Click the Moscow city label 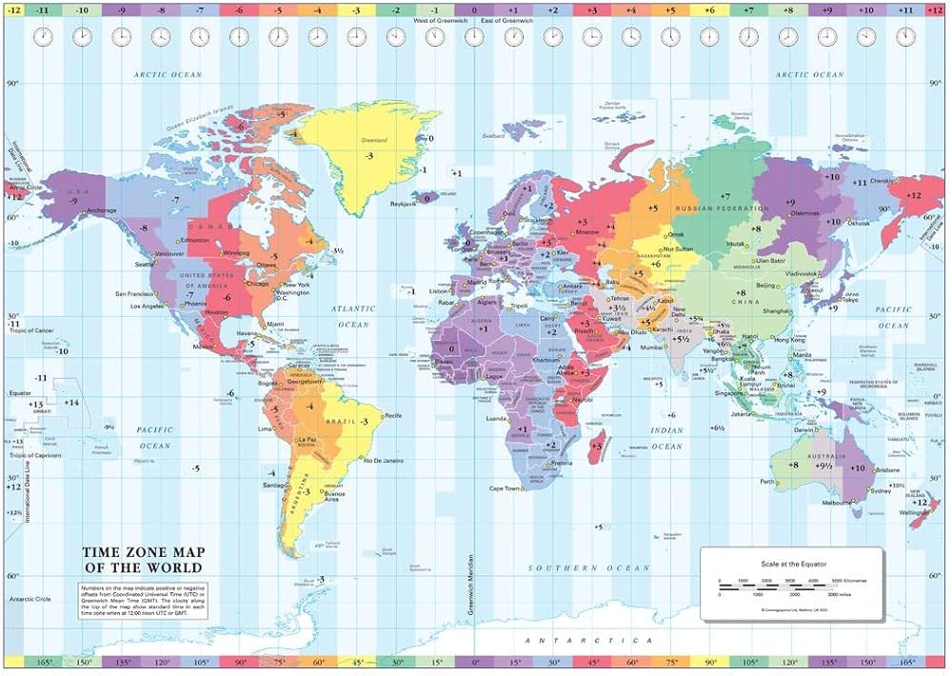[x=587, y=231]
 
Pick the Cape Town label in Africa [x=505, y=488]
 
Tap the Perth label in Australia [x=766, y=482]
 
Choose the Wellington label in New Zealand [x=913, y=512]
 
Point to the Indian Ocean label [x=667, y=439]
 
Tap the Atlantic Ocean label [x=351, y=317]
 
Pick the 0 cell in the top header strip [x=473, y=9]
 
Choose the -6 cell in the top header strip [x=238, y=9]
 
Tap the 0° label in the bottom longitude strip [x=473, y=662]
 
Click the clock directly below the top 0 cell [x=473, y=37]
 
